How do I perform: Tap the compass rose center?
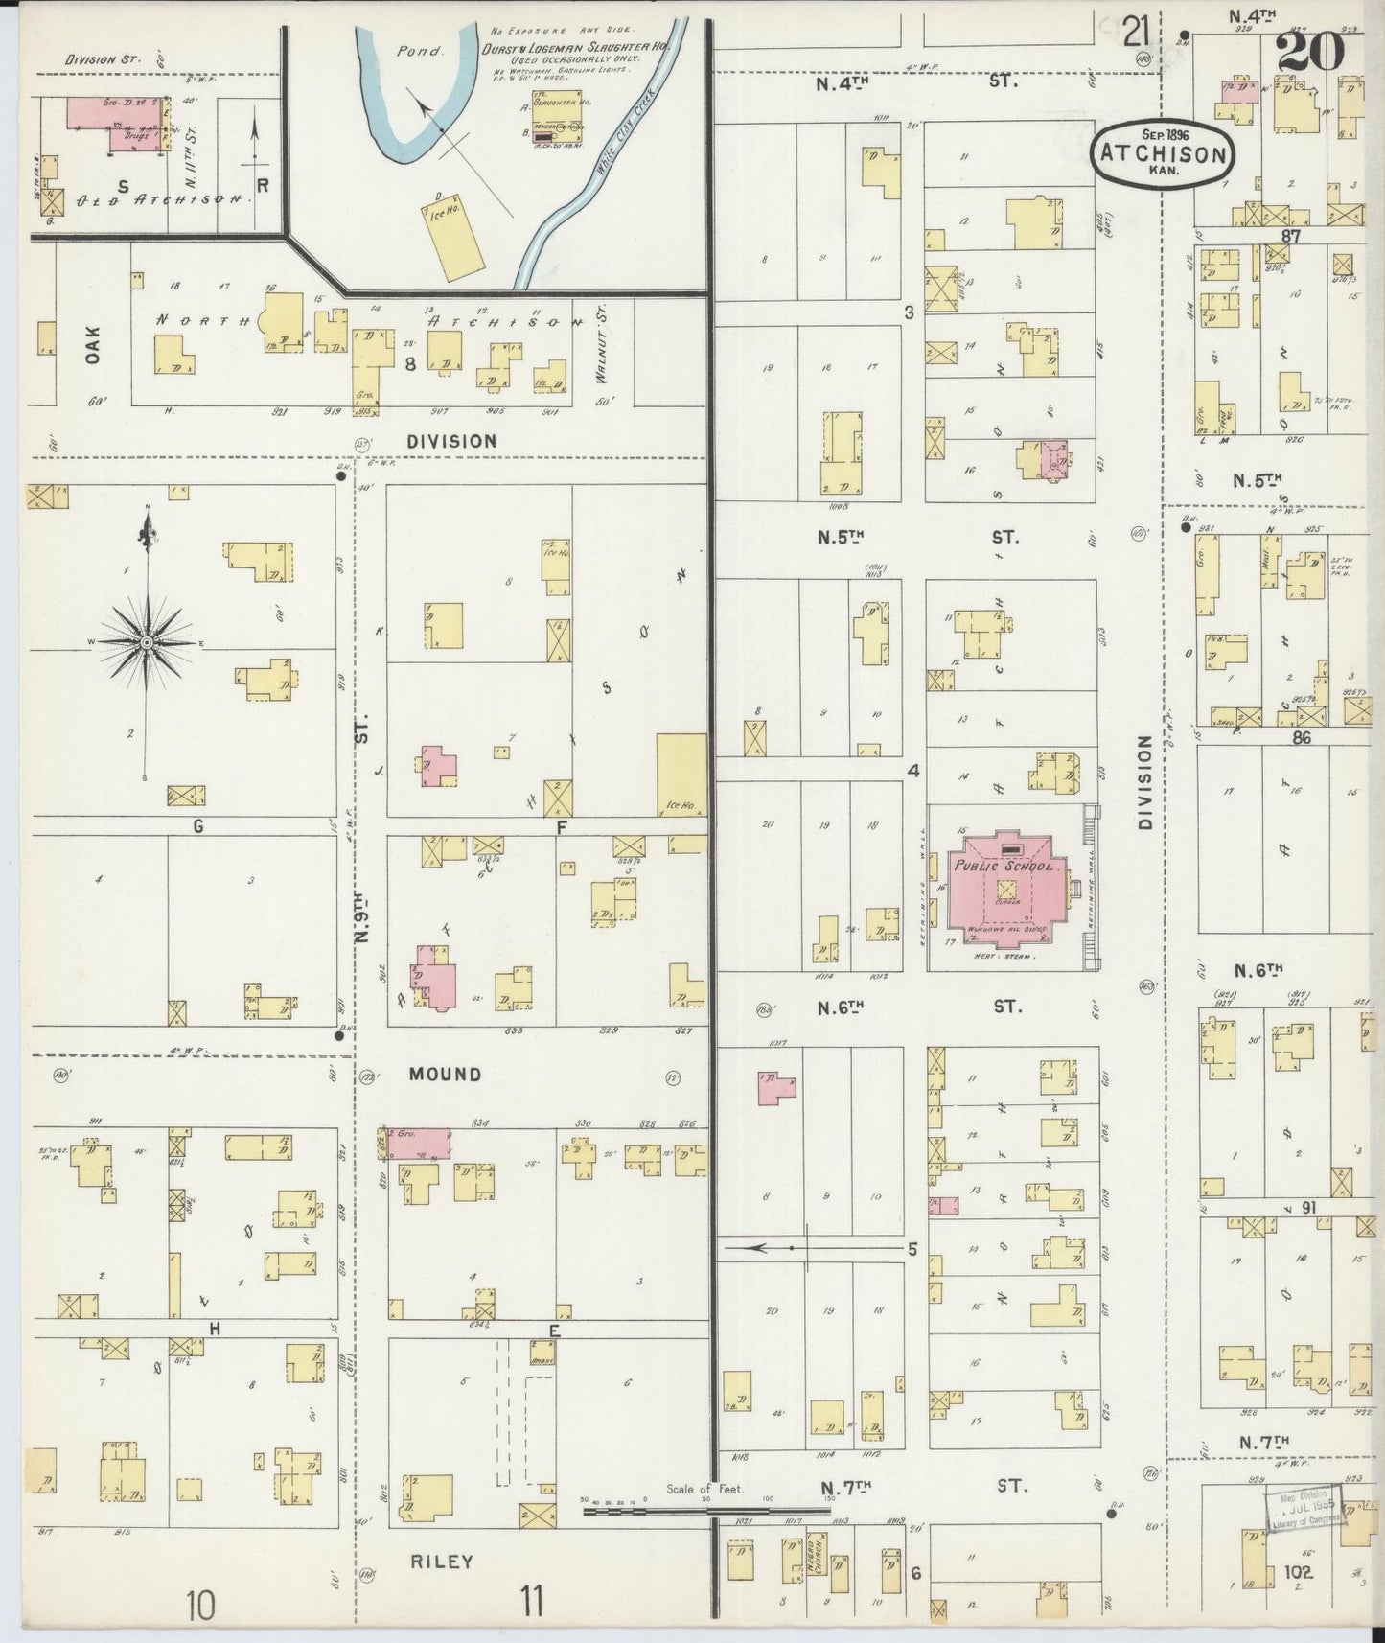click(146, 641)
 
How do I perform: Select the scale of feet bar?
click(706, 1511)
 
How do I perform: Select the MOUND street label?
click(445, 1075)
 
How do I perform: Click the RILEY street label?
click(442, 1561)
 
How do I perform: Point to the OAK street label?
click(93, 346)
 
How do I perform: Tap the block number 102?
click(1300, 1572)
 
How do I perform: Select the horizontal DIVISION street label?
click(451, 441)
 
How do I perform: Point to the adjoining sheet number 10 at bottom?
click(200, 1604)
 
